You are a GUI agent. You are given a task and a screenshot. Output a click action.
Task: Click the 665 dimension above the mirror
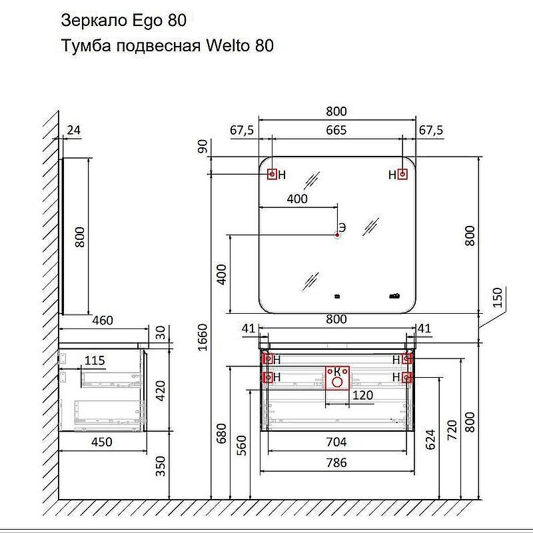coord(336,130)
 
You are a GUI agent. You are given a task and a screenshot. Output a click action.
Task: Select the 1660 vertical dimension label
coord(203,337)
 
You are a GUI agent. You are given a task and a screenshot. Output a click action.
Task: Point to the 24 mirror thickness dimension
coord(74,130)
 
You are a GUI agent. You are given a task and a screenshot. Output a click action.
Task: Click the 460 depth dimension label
coord(103,320)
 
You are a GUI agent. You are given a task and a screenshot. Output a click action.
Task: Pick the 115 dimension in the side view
coord(95,360)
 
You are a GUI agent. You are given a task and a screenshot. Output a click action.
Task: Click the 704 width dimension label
coord(336,442)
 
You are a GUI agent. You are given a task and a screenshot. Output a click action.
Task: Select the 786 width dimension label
coord(336,462)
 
